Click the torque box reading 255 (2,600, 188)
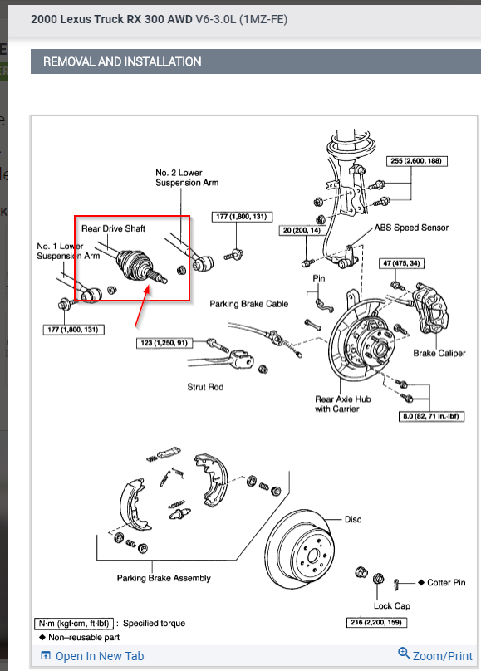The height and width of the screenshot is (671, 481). (x=416, y=161)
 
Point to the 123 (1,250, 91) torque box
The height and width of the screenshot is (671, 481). (x=164, y=343)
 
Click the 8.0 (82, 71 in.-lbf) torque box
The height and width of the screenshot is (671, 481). (x=431, y=416)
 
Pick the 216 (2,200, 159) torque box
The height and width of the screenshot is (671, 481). (x=376, y=622)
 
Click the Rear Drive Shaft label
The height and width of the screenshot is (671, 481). (x=114, y=228)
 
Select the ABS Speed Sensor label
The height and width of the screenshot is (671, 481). (x=411, y=228)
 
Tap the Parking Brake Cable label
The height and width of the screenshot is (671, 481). (x=248, y=304)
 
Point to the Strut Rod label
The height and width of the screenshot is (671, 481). (x=205, y=387)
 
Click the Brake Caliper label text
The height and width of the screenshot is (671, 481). (x=439, y=353)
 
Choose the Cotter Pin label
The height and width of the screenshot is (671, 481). (x=446, y=582)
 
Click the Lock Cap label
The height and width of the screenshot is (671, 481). (x=392, y=606)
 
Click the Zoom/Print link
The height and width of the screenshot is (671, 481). (x=435, y=655)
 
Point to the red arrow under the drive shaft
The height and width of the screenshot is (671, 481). (x=142, y=306)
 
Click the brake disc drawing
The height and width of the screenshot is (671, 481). (x=299, y=549)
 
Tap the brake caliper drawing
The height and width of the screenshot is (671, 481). (x=430, y=309)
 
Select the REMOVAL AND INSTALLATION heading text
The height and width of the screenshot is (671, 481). (x=122, y=61)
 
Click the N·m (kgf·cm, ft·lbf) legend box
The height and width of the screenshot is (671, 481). (x=74, y=624)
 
